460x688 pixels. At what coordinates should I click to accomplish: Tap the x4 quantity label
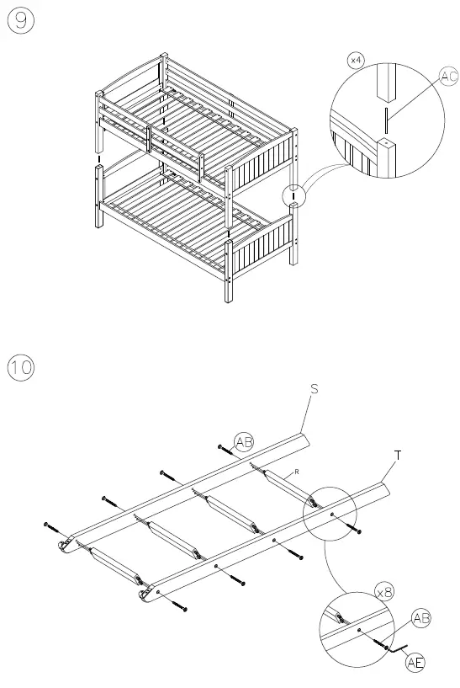[357, 61]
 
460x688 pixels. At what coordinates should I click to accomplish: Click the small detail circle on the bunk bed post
[293, 195]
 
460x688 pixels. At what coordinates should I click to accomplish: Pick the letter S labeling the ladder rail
[314, 388]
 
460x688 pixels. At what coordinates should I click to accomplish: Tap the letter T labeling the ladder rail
[397, 455]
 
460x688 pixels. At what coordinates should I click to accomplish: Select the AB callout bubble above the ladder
[244, 442]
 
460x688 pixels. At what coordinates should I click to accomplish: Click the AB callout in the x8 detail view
[422, 619]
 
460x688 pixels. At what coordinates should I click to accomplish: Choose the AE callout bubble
[415, 662]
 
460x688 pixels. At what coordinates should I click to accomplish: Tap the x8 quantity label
[384, 593]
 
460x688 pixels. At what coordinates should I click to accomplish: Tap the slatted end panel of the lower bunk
[260, 248]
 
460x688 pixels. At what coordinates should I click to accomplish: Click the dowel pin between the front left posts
[98, 157]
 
